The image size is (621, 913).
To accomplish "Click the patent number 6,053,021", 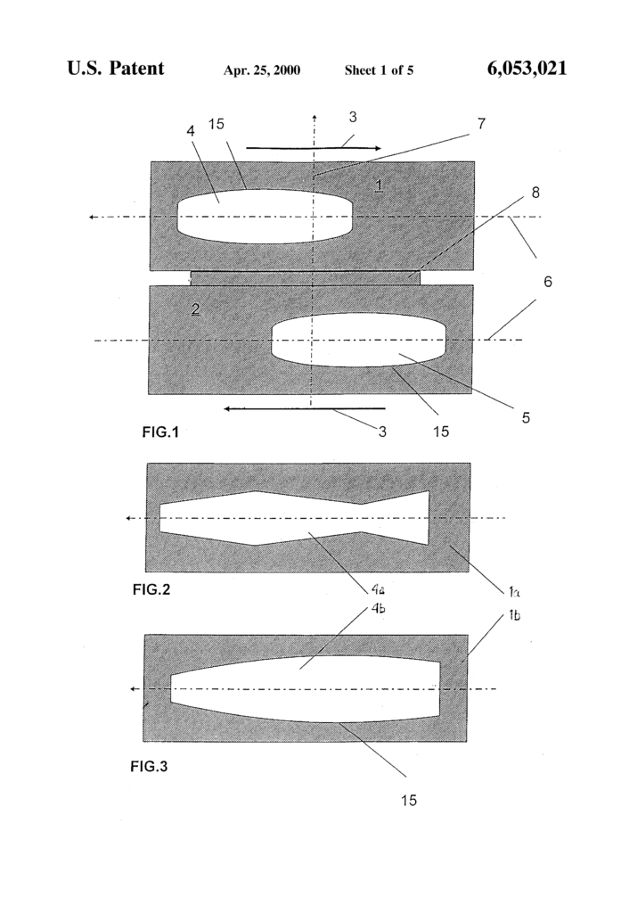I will (527, 69).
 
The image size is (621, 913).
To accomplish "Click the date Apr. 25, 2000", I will (261, 70).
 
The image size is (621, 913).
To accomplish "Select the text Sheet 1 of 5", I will (379, 70).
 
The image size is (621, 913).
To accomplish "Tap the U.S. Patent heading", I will (116, 69).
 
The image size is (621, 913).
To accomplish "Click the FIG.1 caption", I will (161, 433).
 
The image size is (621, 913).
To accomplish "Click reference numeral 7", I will (481, 124).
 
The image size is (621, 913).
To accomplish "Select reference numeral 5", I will (527, 415).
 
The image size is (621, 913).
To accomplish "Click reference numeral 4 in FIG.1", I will (191, 130).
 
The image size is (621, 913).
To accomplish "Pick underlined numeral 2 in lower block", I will (195, 309).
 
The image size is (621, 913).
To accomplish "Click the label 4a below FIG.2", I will (379, 589).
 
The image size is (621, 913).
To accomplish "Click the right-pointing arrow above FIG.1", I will (314, 147).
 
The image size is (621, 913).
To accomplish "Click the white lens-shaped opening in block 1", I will (265, 216).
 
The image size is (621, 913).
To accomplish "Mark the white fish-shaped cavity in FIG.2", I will (294, 518).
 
